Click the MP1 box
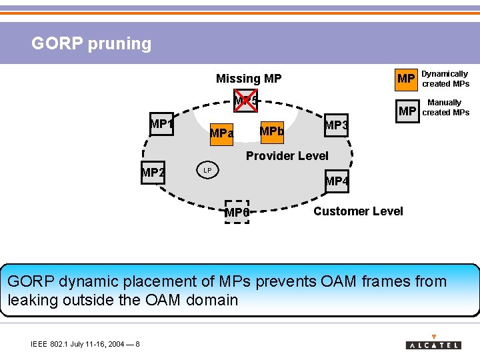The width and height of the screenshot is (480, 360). (161, 124)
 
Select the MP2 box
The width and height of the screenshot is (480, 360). (153, 173)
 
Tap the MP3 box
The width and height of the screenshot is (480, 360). (336, 125)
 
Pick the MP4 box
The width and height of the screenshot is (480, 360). (337, 181)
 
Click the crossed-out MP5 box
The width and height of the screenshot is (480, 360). (245, 101)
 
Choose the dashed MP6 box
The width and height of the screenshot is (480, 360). (237, 212)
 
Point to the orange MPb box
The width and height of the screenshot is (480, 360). (271, 131)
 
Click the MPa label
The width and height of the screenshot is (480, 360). (221, 133)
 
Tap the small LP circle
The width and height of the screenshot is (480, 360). (207, 171)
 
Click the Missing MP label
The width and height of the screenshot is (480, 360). (249, 79)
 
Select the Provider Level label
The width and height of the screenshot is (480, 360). (287, 156)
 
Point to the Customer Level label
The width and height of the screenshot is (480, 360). (358, 211)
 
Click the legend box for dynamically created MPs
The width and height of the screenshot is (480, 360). (406, 79)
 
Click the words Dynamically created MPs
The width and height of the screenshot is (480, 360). (446, 79)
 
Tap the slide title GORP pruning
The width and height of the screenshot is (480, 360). (91, 44)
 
